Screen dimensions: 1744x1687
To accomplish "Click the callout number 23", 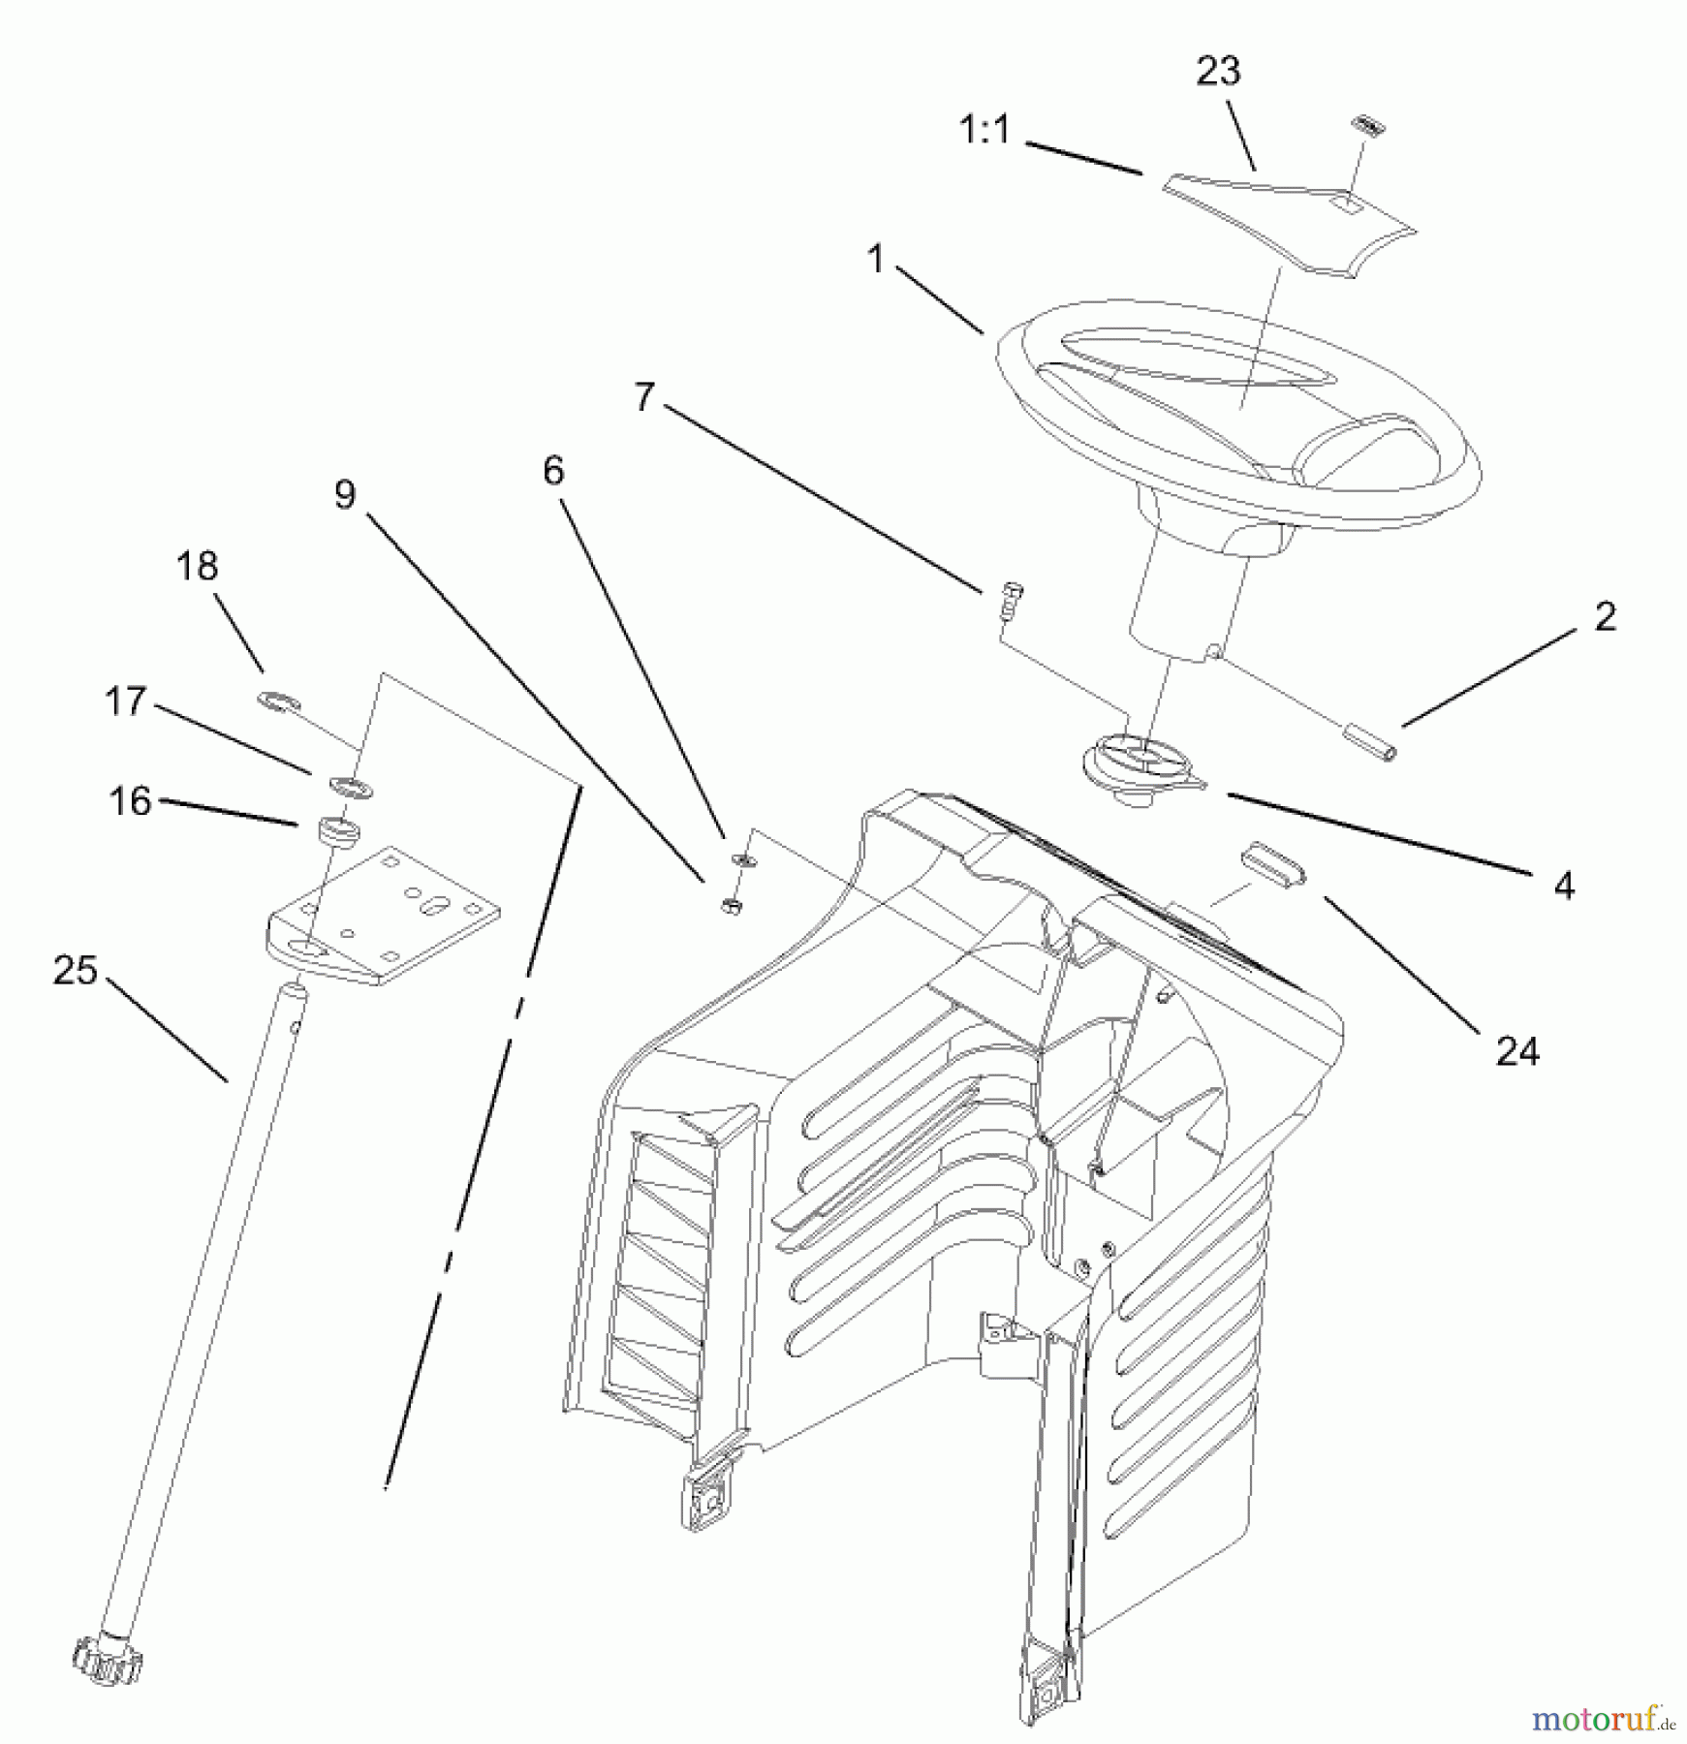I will pos(1218,72).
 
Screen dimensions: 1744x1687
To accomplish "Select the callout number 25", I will pos(76,971).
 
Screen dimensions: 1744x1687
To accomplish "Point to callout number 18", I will pos(197,567).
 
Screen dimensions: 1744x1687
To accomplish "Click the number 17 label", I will pos(125,701).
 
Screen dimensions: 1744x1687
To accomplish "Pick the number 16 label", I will pos(130,801).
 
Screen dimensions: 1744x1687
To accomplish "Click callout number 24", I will pos(1517,1050).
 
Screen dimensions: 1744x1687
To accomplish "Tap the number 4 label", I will pos(1564,886).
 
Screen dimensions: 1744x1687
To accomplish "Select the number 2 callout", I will pos(1605,617).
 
